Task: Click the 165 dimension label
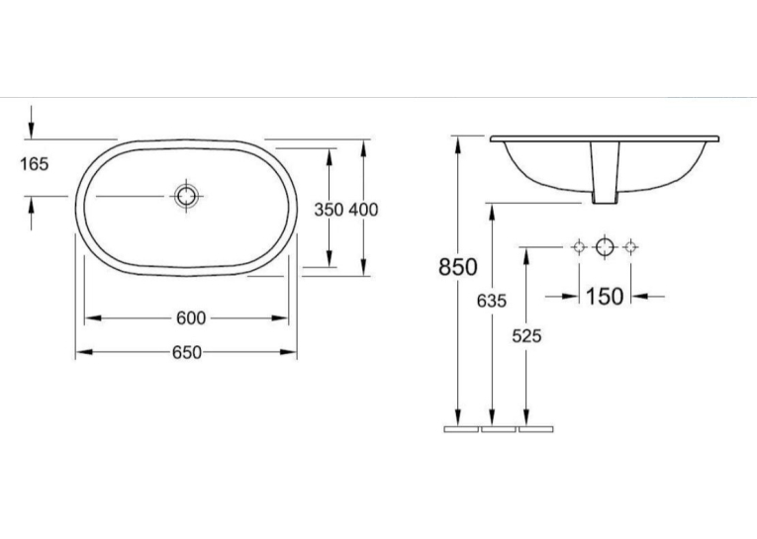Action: click(35, 164)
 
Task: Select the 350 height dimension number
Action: click(329, 210)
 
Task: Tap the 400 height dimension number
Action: click(363, 210)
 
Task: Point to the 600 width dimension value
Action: click(191, 318)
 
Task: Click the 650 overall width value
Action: click(187, 353)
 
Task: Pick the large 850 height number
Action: click(458, 266)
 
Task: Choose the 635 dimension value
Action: click(492, 301)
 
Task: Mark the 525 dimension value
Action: click(526, 336)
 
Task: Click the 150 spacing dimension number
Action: click(605, 296)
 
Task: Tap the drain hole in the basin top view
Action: click(186, 197)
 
